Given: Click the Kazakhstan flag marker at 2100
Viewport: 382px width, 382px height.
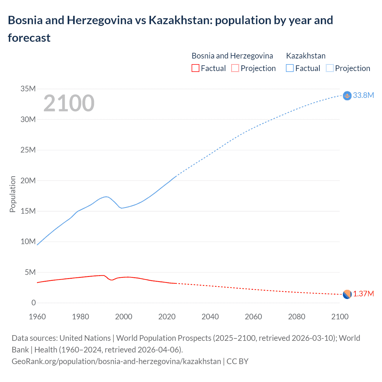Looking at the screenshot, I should coord(347,95).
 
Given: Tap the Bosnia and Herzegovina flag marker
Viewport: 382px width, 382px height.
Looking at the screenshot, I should coord(347,295).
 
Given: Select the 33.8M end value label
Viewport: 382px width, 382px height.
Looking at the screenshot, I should coord(363,95).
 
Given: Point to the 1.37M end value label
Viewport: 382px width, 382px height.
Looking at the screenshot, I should coord(363,294).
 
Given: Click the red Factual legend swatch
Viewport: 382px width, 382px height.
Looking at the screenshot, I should coord(195,68).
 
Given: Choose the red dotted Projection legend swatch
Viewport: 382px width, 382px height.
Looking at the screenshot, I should coord(235,68).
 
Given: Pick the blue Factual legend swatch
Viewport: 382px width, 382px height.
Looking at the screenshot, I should coord(290,68).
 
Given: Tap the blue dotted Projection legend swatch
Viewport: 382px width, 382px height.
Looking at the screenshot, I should coord(330,68).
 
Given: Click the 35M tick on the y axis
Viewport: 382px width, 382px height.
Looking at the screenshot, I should coord(28,89).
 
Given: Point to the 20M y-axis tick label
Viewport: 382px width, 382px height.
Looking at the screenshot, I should coord(28,181).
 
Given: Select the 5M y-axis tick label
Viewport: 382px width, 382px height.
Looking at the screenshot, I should coord(30,272).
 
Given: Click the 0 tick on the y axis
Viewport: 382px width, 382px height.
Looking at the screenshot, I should coord(33,303).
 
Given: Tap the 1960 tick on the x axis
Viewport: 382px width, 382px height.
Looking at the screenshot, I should coord(37,317).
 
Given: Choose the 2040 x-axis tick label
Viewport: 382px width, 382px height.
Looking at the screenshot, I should coord(210,317).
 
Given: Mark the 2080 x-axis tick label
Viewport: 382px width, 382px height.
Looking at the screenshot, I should coord(297,317).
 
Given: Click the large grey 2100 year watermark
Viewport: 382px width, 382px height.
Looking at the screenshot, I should coord(69,103).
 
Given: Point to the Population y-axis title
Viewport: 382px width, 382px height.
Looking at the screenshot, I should coord(13,194).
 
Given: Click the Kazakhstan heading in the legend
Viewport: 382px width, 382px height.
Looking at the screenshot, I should coord(306,56).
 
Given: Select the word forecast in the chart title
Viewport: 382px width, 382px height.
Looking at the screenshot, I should coord(29,38).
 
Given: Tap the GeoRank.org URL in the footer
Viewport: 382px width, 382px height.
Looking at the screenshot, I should coord(116,361).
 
